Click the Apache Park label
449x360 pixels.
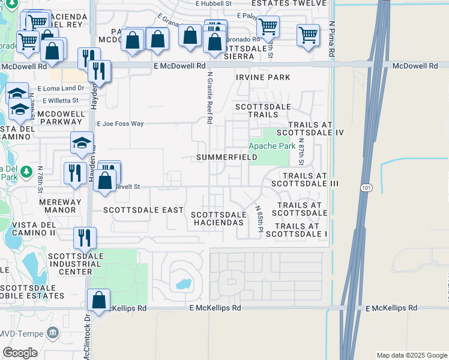[x=272, y=146]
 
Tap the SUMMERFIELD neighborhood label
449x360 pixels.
[x=227, y=157]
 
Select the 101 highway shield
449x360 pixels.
[x=366, y=188]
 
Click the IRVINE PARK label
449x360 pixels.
[x=263, y=77]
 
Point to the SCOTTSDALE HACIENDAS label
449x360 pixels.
[x=218, y=218]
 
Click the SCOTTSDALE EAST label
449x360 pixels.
[x=143, y=210]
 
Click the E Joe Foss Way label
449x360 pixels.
[x=122, y=124]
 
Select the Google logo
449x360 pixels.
[x=20, y=352]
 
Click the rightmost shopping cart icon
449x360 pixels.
[x=308, y=34]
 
